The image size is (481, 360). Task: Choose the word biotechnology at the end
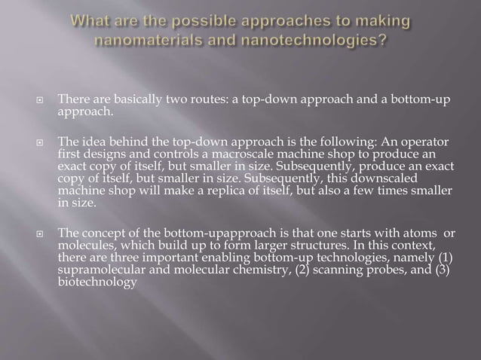[x=97, y=281]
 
